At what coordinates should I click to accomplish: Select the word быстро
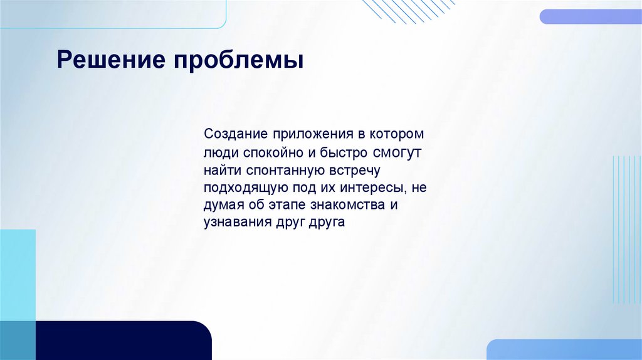[x=348, y=152]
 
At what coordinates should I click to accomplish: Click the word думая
[x=220, y=205]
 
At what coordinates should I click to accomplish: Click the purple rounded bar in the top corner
[x=590, y=16]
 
